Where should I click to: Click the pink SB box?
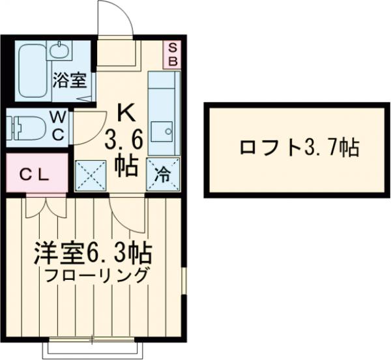point(173,53)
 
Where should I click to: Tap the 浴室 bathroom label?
point(69,81)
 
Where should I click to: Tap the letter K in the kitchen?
point(125,113)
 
